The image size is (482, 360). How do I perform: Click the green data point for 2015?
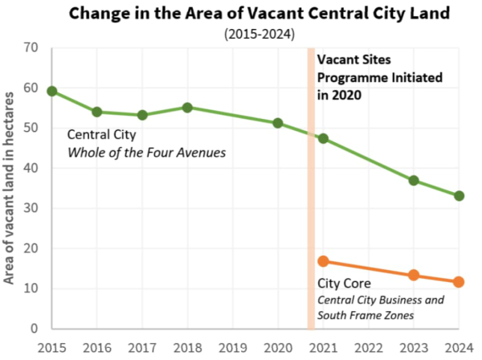[52, 91]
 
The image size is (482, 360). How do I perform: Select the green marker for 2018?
[187, 107]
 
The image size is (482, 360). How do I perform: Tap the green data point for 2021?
[323, 138]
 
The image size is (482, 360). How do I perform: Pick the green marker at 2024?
[459, 195]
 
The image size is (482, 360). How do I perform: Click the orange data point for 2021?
[323, 261]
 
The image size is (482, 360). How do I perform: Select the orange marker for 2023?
[414, 275]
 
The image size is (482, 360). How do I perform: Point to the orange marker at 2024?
[459, 282]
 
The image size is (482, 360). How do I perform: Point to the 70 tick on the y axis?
[31, 47]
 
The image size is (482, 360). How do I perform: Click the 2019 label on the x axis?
[232, 347]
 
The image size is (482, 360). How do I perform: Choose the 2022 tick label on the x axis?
[368, 347]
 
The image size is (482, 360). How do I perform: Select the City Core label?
[340, 284]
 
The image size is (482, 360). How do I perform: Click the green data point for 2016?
[97, 112]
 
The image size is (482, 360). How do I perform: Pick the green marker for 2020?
[278, 123]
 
